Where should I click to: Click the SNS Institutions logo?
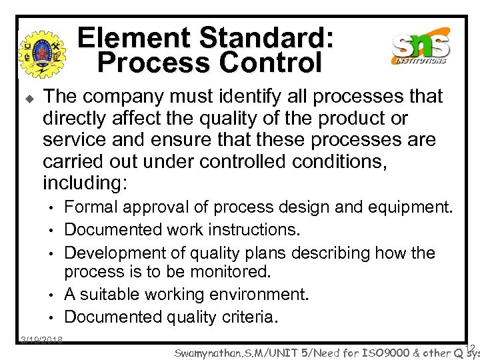(x=421, y=47)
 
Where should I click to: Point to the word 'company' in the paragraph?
(x=121, y=97)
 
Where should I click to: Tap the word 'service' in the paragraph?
(x=72, y=141)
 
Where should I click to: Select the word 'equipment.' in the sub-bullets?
(x=411, y=208)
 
